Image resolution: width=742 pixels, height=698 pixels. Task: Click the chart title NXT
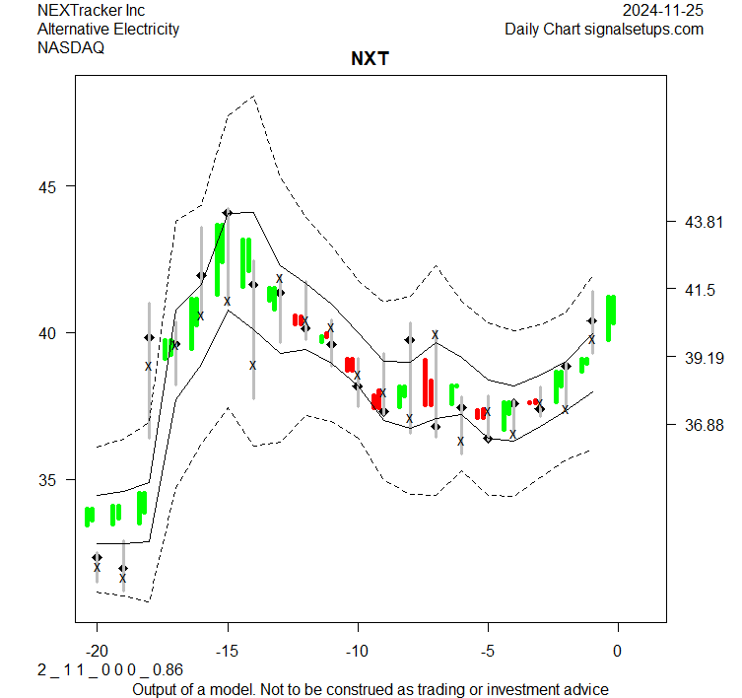click(x=370, y=59)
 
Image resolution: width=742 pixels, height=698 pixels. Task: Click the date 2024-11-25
click(x=664, y=10)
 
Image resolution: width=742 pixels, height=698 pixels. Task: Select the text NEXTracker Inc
click(x=91, y=10)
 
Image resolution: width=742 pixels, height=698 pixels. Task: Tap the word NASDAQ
click(x=73, y=47)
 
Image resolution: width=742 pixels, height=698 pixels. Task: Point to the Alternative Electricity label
click(x=108, y=29)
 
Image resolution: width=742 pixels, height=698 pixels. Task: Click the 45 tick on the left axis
click(x=49, y=186)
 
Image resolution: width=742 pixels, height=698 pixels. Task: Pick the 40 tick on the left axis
click(x=49, y=333)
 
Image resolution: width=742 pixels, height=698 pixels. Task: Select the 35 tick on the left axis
click(x=49, y=480)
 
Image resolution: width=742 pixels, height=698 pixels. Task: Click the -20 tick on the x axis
click(x=97, y=650)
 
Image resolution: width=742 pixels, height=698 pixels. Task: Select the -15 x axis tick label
click(x=227, y=650)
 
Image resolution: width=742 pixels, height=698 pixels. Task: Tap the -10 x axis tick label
click(x=357, y=650)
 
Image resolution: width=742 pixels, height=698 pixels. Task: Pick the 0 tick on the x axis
click(x=618, y=650)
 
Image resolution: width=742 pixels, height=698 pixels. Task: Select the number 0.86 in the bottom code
click(x=169, y=669)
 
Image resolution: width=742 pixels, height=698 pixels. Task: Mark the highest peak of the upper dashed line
click(x=254, y=97)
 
